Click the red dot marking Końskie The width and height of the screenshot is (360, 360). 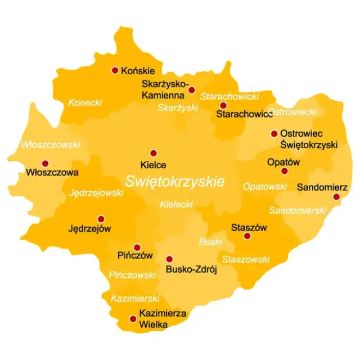coord(115,70)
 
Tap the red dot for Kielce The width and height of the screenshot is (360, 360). coord(153,152)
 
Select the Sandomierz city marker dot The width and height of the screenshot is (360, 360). coord(336,197)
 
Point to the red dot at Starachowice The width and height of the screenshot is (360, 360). coord(223,105)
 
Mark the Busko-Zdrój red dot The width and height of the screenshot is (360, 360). coord(169,259)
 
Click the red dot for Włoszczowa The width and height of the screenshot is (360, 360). coord(45,164)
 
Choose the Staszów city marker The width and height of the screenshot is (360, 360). coord(246,236)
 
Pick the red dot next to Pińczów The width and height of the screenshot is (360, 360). coord(137,247)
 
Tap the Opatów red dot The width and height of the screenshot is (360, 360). coord(285,171)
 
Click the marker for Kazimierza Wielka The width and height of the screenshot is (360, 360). coord(133,318)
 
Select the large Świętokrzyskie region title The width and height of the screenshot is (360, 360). coord(175,182)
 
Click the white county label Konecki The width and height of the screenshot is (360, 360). coord(85,102)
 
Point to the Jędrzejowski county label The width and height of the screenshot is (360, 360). coord(96,193)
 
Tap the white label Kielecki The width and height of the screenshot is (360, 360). coord(176,204)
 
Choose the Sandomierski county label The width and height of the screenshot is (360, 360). coord(298,210)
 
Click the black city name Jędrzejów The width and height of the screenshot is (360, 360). coord(89,229)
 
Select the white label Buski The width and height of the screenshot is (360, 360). coord(210,242)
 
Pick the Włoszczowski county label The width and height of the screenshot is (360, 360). coord(51,145)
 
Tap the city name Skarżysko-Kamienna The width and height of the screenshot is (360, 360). coord(165,89)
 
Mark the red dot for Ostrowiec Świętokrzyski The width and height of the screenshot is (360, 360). coord(274,134)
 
